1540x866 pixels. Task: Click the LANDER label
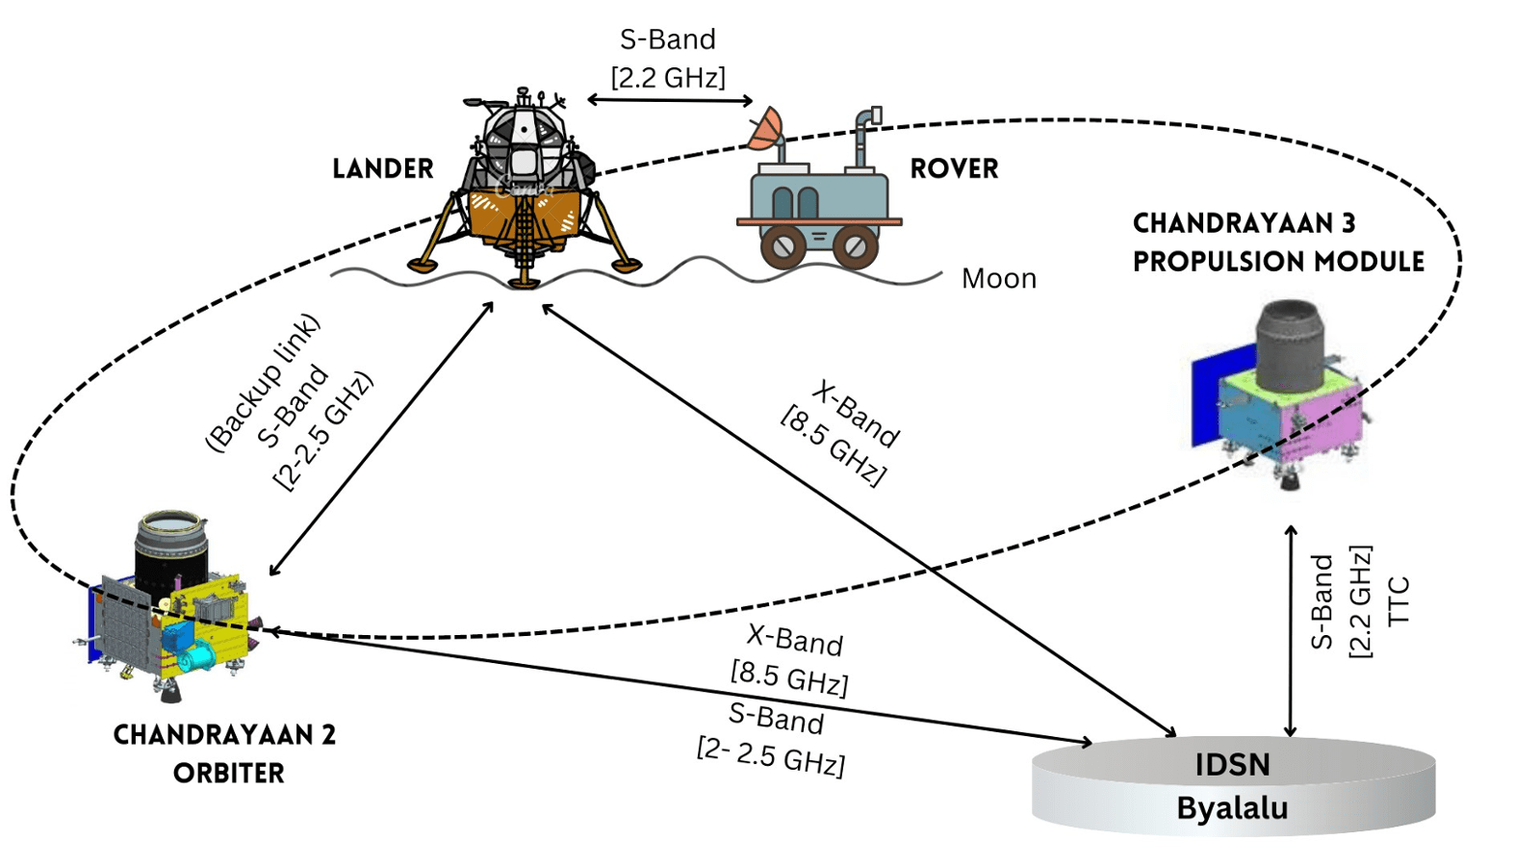pos(382,168)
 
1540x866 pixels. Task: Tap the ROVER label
pos(954,168)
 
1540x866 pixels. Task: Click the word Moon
pos(999,279)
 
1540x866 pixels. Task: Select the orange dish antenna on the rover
pos(766,131)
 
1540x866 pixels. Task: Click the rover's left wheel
pos(783,246)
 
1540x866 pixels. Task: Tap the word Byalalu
pos(1232,808)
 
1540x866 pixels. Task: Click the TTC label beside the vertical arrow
pos(1399,601)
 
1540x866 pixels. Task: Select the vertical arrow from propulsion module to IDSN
pos(1291,630)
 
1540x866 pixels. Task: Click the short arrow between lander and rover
pos(669,100)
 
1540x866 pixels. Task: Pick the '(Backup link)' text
pos(262,382)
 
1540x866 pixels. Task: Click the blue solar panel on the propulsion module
pos(1209,404)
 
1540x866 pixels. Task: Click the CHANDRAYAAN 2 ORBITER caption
pos(225,753)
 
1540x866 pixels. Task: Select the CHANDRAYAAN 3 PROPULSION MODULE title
pos(1278,242)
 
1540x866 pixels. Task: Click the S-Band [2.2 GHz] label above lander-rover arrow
pos(668,58)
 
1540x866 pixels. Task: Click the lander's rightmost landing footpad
pos(628,266)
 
